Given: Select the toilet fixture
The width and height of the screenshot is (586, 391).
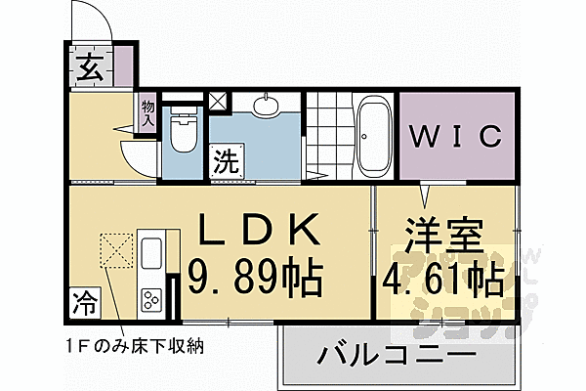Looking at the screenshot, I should click(x=182, y=132).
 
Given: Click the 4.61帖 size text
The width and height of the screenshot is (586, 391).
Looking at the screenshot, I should click(x=445, y=281).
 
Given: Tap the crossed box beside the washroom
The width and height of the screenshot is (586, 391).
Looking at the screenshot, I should click(x=218, y=99).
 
